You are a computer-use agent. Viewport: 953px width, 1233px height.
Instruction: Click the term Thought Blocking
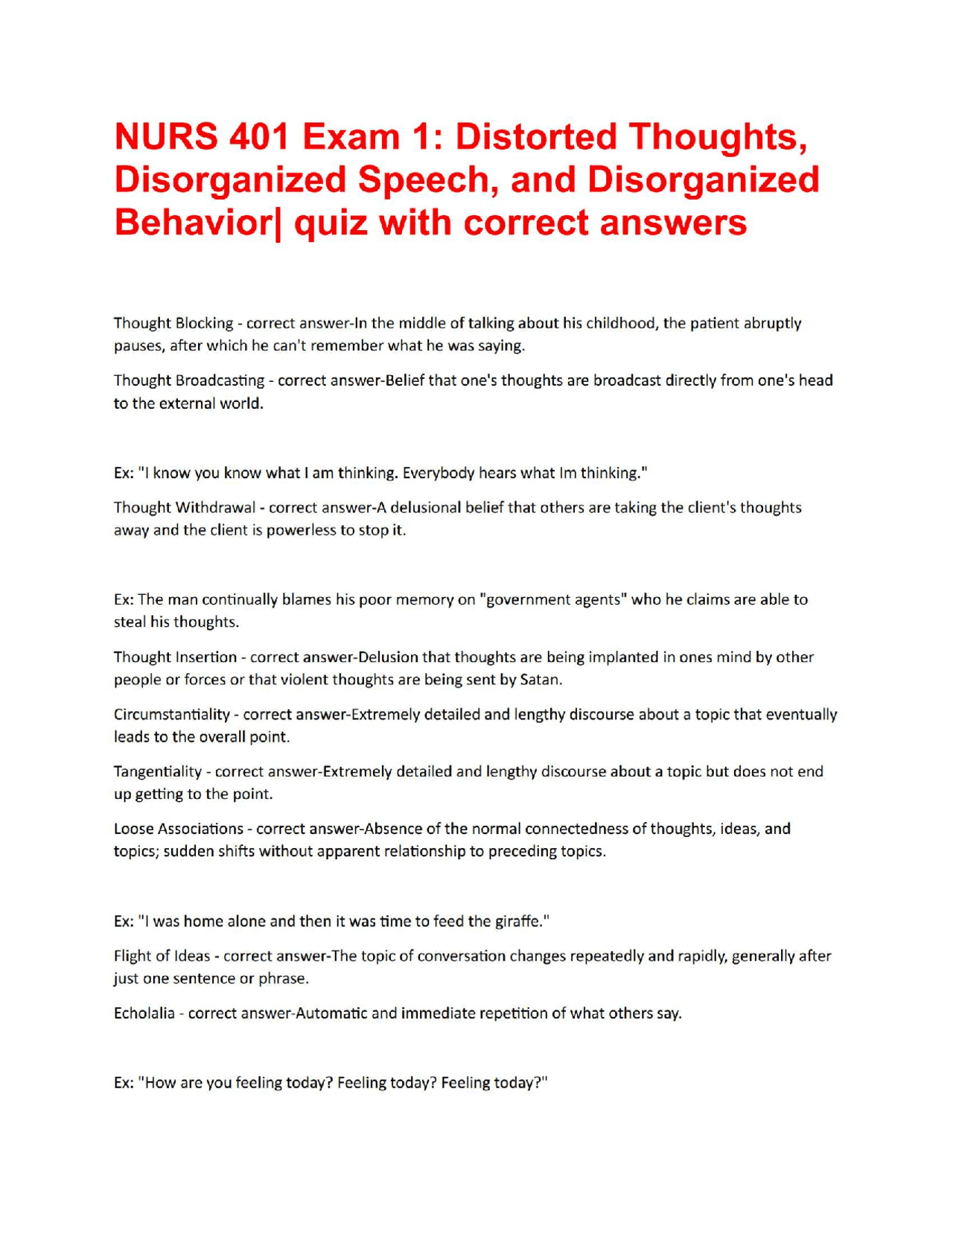tap(173, 323)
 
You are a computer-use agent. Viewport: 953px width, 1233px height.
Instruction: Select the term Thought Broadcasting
tap(188, 380)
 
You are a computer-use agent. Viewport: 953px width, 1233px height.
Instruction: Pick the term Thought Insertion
tap(175, 657)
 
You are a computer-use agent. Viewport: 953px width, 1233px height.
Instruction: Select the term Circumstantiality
tap(171, 715)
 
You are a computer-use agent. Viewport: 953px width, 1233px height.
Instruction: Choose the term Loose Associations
tap(178, 829)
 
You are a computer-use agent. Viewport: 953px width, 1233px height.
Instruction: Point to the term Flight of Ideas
tap(162, 956)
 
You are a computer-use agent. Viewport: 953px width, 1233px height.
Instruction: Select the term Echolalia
tap(144, 1013)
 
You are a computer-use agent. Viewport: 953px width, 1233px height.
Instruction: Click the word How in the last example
tap(160, 1083)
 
